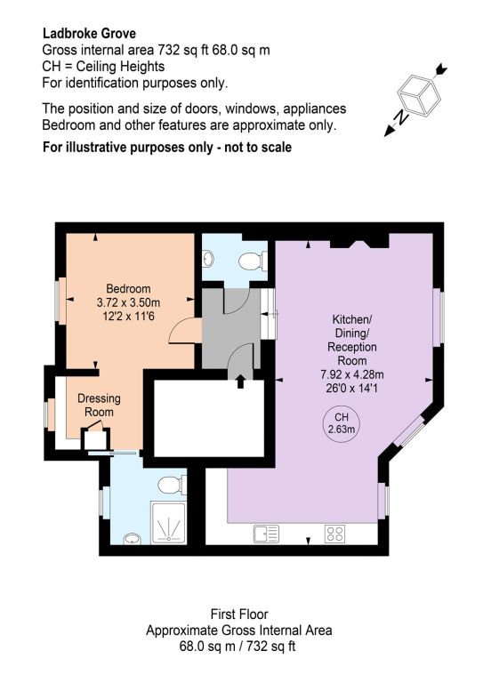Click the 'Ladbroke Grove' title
coord(89,34)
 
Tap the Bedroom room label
coord(128,289)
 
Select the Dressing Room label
coord(99,406)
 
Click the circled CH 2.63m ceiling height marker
coord(341,422)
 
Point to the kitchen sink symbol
coord(266,534)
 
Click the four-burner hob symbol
coord(335,534)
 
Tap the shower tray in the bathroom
coord(168,522)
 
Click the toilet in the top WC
coord(253,261)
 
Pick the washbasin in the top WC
coord(208,258)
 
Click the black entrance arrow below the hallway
coord(240,382)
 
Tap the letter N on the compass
coord(402,117)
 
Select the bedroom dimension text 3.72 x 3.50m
coord(128,302)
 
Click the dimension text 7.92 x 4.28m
coord(352,374)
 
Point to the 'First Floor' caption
coord(239,615)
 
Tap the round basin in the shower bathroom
coord(132,539)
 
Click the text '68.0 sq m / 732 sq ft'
coord(237,646)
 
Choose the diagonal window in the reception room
coord(410,431)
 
